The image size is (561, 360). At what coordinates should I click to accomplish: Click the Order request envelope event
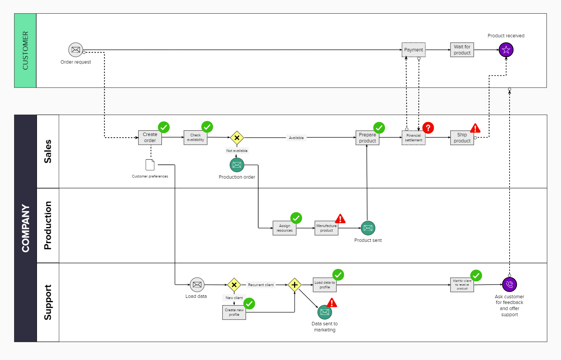75,50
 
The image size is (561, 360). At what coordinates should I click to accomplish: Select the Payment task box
413,50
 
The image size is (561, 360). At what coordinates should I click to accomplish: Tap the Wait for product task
462,50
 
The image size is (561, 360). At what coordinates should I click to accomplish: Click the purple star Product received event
506,50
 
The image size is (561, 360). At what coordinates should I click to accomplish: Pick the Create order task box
150,138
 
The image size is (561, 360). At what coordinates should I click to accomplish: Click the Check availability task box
195,138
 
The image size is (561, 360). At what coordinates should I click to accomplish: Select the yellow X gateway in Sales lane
237,138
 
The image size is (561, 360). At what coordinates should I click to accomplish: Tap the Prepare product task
367,138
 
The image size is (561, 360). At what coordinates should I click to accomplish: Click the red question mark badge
428,128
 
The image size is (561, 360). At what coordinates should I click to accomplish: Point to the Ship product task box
462,138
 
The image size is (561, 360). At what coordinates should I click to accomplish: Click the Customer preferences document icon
150,165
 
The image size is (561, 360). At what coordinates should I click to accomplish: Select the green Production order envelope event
237,165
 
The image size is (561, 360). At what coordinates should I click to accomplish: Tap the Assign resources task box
284,228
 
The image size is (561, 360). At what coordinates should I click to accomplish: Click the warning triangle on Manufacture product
340,219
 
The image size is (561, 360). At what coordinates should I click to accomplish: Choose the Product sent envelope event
368,228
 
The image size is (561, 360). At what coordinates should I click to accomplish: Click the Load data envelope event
197,285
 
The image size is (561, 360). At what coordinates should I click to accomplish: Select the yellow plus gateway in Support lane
294,285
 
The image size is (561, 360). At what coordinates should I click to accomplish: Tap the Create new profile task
234,312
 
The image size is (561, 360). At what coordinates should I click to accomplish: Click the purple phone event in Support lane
509,284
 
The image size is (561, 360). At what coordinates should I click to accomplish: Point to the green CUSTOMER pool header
25,51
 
